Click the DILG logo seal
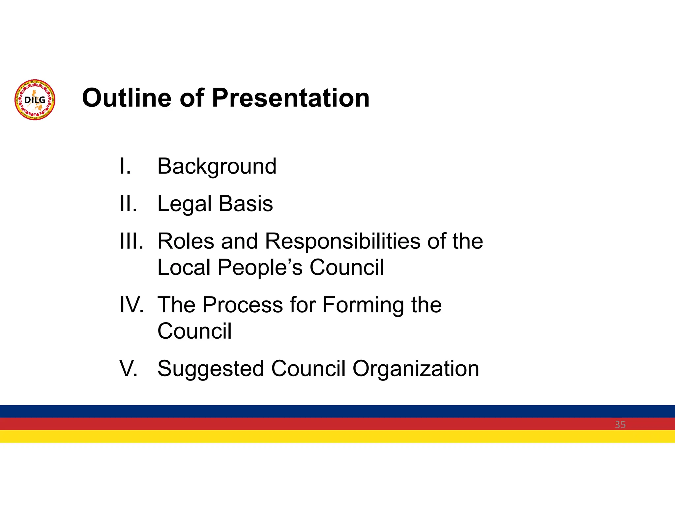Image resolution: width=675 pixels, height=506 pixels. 35,100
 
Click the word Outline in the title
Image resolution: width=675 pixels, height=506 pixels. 127,98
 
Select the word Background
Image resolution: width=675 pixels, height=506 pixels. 217,166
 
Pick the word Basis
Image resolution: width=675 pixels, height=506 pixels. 246,204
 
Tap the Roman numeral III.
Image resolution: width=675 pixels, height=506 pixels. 131,241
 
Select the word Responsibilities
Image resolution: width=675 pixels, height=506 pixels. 343,242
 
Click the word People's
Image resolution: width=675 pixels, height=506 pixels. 260,267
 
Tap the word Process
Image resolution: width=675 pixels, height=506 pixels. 243,305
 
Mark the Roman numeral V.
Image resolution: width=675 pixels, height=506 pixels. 128,368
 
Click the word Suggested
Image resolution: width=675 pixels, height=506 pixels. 211,369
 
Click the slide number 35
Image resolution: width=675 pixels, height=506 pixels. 620,425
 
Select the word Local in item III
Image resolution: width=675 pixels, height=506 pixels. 184,267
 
